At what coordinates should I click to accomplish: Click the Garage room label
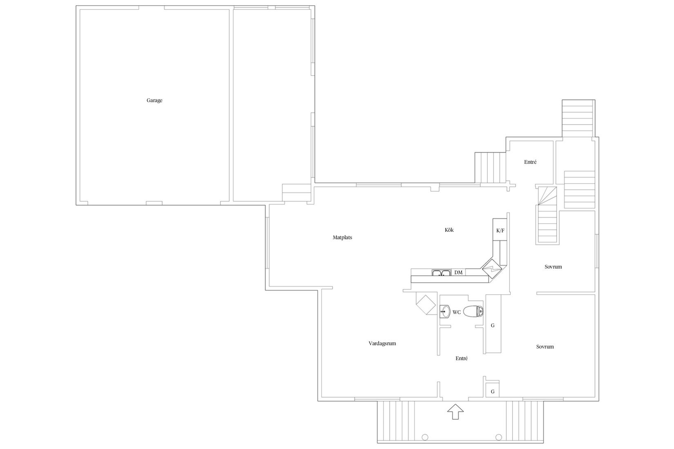(x=154, y=100)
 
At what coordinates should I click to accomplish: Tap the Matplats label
(x=342, y=238)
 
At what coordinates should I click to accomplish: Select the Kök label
(x=449, y=230)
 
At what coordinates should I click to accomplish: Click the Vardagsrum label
(x=382, y=344)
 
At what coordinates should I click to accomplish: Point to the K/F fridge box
(x=500, y=231)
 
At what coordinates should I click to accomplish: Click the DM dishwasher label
(x=458, y=272)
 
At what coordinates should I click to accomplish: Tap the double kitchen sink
(x=441, y=273)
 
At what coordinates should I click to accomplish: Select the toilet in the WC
(x=474, y=312)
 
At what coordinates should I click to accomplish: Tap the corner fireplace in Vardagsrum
(x=426, y=304)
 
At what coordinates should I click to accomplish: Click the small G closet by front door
(x=492, y=391)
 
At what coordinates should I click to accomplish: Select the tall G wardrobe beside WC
(x=493, y=325)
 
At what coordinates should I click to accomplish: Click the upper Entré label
(x=530, y=162)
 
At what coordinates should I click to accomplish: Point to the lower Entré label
(x=461, y=358)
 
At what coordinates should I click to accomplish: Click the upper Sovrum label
(x=553, y=267)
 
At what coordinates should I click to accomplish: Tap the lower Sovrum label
(x=545, y=347)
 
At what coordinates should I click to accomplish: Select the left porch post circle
(x=424, y=437)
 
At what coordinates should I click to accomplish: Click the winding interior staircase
(x=547, y=215)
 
